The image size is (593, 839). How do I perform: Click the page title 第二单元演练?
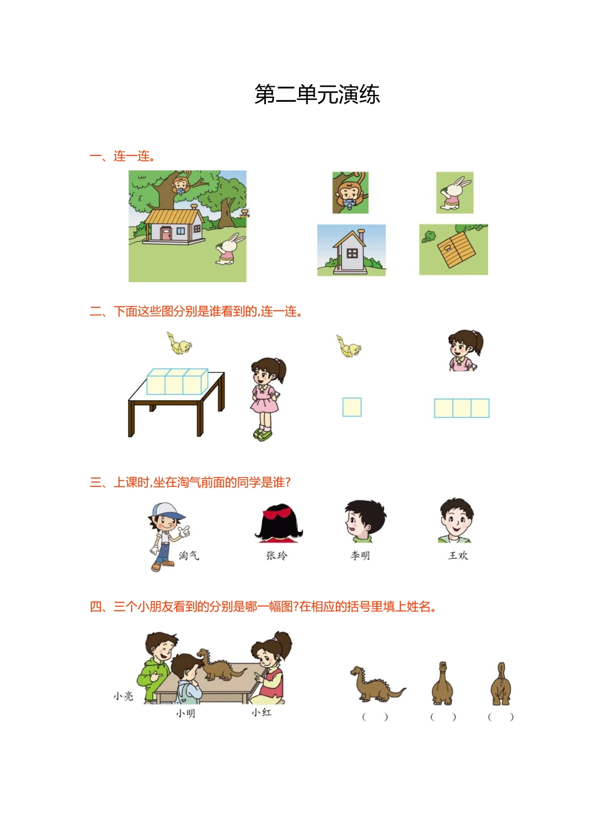click(317, 94)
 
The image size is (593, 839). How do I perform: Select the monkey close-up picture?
click(350, 192)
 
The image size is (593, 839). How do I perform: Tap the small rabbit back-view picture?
click(455, 192)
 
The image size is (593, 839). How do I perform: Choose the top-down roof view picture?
click(453, 250)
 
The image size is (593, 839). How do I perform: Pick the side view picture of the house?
click(351, 250)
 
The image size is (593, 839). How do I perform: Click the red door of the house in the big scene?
click(166, 233)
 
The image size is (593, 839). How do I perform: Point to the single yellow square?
click(352, 407)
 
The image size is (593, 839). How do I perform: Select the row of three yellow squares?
click(461, 408)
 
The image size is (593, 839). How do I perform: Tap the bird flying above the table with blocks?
click(179, 343)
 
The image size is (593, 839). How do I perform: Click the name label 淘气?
click(189, 555)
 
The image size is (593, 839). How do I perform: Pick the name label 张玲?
click(277, 555)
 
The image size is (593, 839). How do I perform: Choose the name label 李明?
click(360, 556)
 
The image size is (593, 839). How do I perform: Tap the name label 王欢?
click(458, 555)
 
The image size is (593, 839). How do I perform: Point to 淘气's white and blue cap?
click(168, 511)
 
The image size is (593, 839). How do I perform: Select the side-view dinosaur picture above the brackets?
click(378, 684)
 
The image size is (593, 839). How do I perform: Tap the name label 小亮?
click(124, 696)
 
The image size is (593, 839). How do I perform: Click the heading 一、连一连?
click(122, 156)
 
